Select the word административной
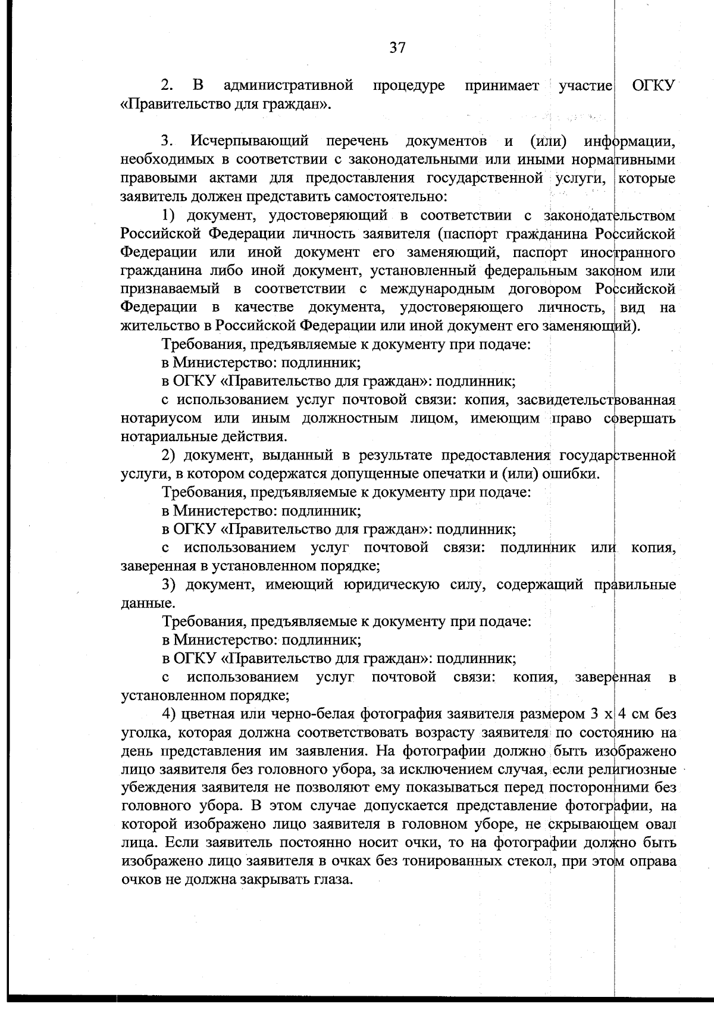pos(289,86)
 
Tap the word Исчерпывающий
pos(250,142)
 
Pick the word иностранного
pos(630,252)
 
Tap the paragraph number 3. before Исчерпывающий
pos(167,142)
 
